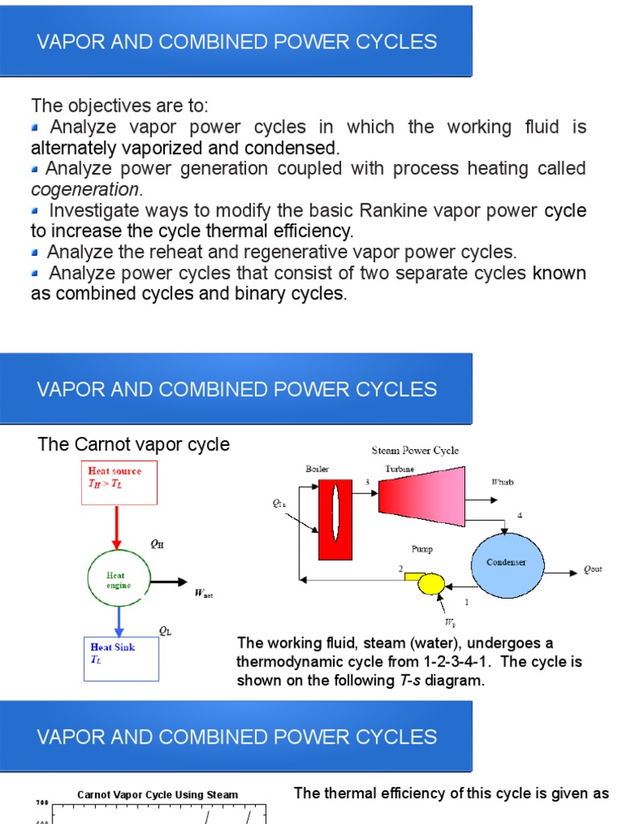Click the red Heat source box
click(x=119, y=482)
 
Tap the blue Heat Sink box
click(x=122, y=658)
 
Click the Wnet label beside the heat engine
click(x=204, y=595)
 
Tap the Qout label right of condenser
click(x=592, y=570)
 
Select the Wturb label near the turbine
click(x=501, y=482)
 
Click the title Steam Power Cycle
click(x=415, y=451)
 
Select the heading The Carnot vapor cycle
click(x=134, y=444)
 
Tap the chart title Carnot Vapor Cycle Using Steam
click(x=158, y=794)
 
